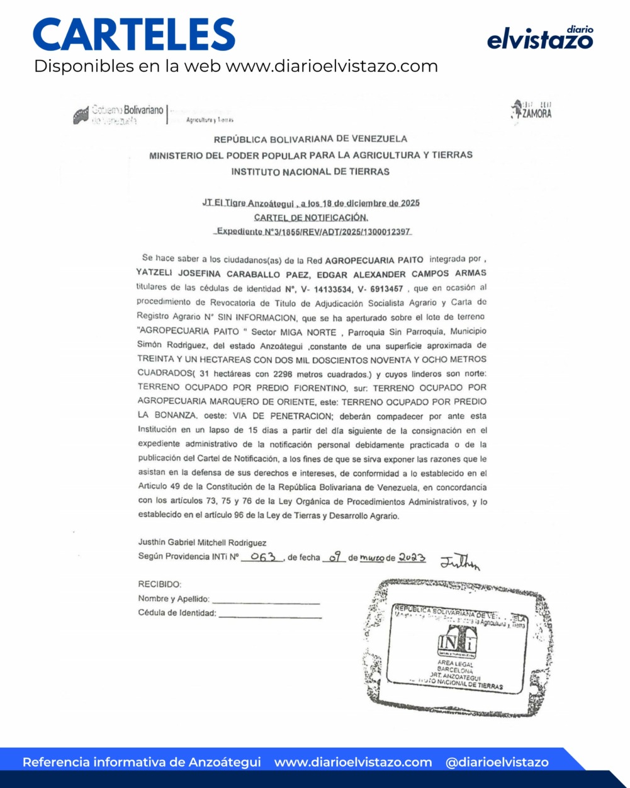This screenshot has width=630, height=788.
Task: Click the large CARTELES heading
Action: pyautogui.click(x=134, y=34)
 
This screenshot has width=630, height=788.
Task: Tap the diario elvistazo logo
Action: pyautogui.click(x=540, y=38)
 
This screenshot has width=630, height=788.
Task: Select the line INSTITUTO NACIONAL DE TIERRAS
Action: pyautogui.click(x=310, y=171)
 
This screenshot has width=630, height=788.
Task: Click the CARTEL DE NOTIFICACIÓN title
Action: pyautogui.click(x=311, y=217)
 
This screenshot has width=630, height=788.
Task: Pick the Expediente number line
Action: pyautogui.click(x=313, y=232)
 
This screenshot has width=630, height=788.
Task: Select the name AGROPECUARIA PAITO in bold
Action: pyautogui.click(x=374, y=260)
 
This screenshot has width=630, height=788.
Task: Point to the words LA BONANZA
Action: pyautogui.click(x=167, y=416)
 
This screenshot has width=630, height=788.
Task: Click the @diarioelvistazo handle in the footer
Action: pyautogui.click(x=497, y=762)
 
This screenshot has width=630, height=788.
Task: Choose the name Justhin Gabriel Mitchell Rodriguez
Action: pyautogui.click(x=202, y=542)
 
